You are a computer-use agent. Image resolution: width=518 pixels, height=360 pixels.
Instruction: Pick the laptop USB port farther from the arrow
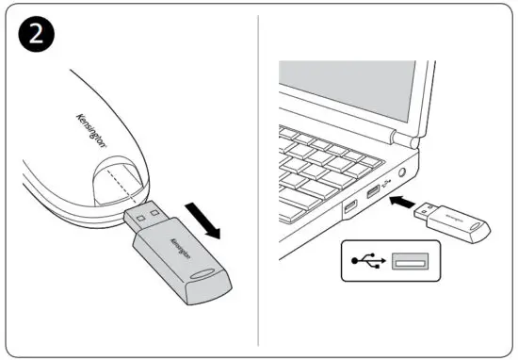(x=349, y=206)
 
